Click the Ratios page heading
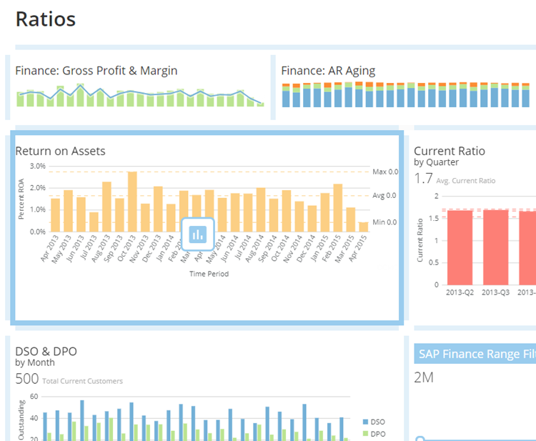[46, 19]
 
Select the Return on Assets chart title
[60, 151]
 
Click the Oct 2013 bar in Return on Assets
[132, 197]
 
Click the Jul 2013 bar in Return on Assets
[94, 217]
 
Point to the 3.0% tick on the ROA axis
[36, 166]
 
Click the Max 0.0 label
[384, 172]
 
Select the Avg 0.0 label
[384, 196]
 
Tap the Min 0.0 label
[384, 222]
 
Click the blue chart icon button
[198, 233]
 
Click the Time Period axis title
[208, 273]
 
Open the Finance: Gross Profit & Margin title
[96, 71]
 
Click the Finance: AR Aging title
[328, 71]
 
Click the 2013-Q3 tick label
[495, 292]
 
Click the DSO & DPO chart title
[46, 351]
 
